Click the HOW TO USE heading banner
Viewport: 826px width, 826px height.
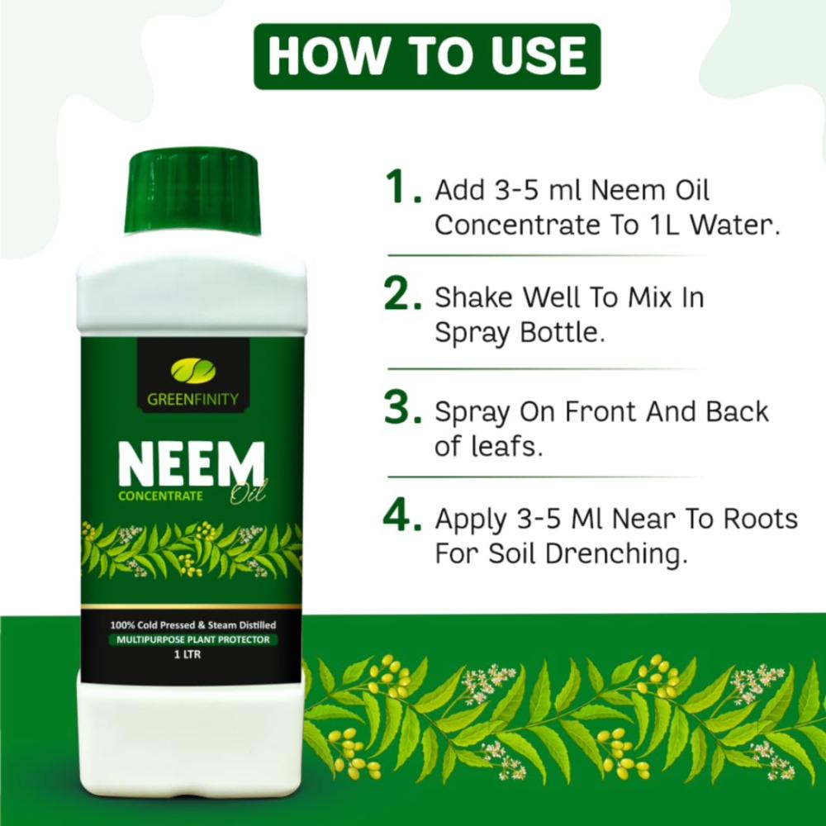point(427,56)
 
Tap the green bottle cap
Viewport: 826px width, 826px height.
point(192,192)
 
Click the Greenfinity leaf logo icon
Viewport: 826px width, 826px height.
point(192,370)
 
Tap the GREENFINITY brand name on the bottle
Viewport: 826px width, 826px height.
point(192,399)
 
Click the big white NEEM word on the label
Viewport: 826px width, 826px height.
point(192,464)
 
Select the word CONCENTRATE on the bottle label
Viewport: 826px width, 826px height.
point(161,496)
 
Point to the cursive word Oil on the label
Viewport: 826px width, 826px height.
point(248,493)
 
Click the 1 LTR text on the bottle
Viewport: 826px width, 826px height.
point(188,654)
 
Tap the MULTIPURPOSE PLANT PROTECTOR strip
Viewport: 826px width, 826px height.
point(192,639)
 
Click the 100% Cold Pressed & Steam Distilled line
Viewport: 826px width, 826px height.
point(192,625)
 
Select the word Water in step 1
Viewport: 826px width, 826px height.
point(735,225)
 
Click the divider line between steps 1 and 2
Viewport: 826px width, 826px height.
point(546,256)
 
